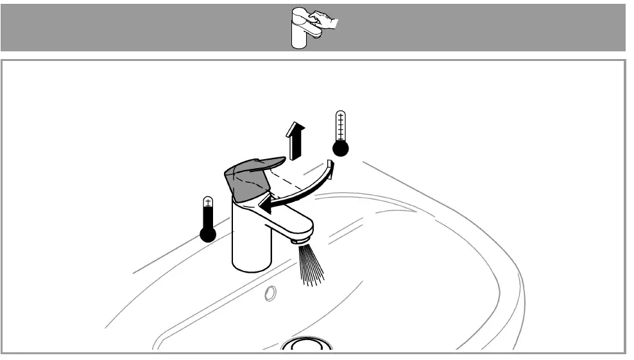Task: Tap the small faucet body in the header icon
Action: (300, 35)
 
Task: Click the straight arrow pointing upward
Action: (295, 142)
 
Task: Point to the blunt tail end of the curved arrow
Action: (331, 167)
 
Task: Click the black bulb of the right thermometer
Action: (340, 148)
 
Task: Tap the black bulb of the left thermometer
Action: (208, 234)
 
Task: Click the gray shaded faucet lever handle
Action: (247, 180)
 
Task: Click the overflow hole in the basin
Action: (270, 293)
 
